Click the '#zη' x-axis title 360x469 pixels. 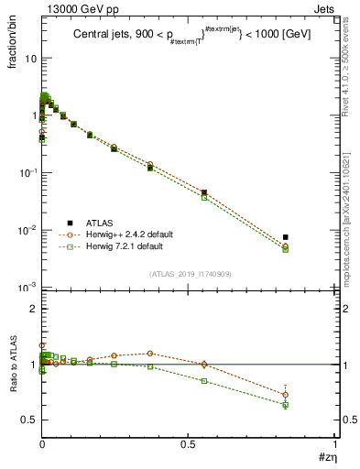click(324, 456)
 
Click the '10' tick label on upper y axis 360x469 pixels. click(28, 59)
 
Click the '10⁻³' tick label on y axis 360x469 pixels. click(26, 288)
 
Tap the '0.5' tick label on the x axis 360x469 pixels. click(189, 443)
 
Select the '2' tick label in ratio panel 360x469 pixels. click(31, 309)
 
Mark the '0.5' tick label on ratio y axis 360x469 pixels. click(27, 420)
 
